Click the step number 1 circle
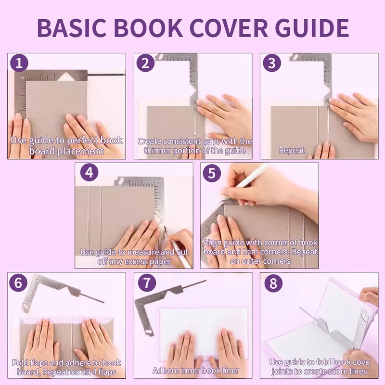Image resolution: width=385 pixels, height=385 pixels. [x=19, y=64]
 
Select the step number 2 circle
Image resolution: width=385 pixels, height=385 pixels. [x=145, y=64]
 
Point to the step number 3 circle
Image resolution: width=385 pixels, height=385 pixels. [x=271, y=64]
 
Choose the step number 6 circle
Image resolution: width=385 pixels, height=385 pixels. [x=19, y=283]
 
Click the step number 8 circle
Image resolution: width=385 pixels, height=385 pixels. [x=272, y=283]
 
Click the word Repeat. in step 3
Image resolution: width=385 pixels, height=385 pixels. [x=293, y=150]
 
